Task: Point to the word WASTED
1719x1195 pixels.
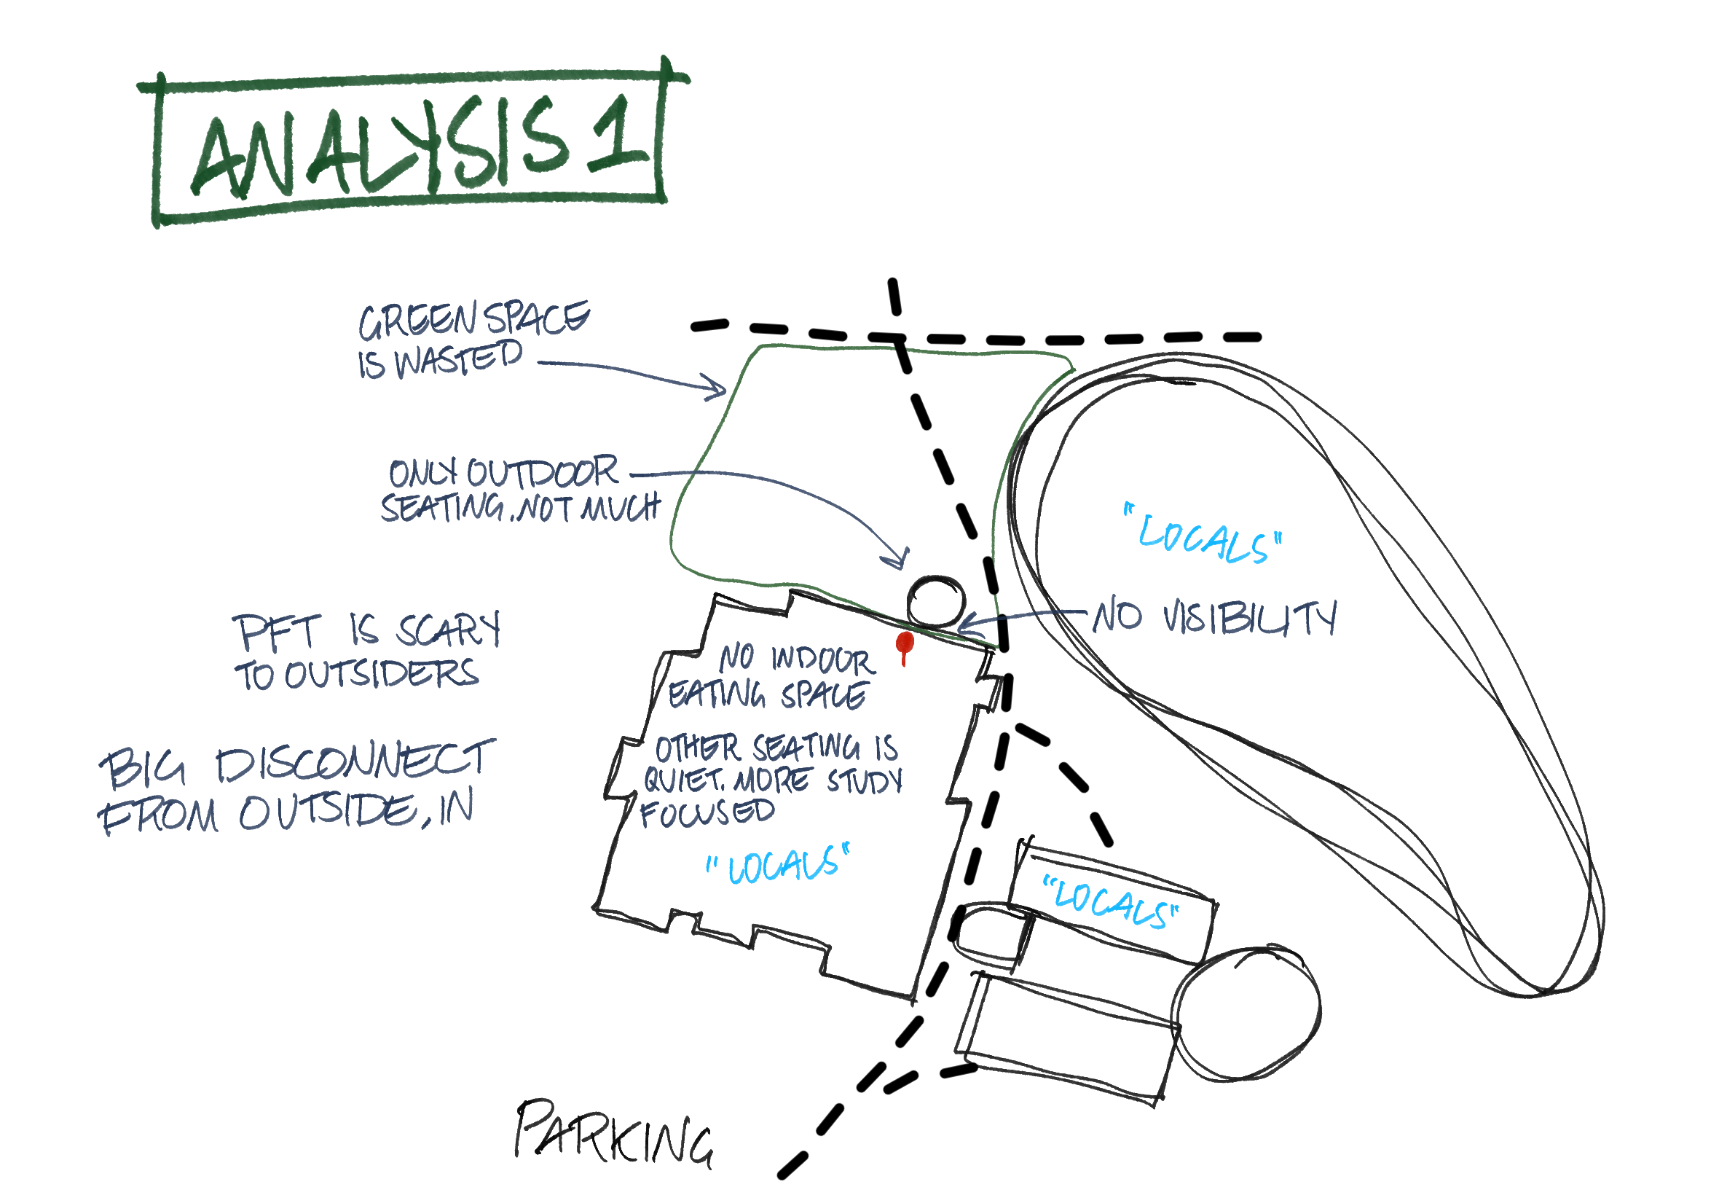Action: pyautogui.click(x=458, y=358)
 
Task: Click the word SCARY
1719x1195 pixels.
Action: pyautogui.click(x=447, y=629)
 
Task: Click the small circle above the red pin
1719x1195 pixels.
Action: pyautogui.click(x=935, y=600)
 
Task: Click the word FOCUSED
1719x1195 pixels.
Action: pyautogui.click(x=707, y=812)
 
